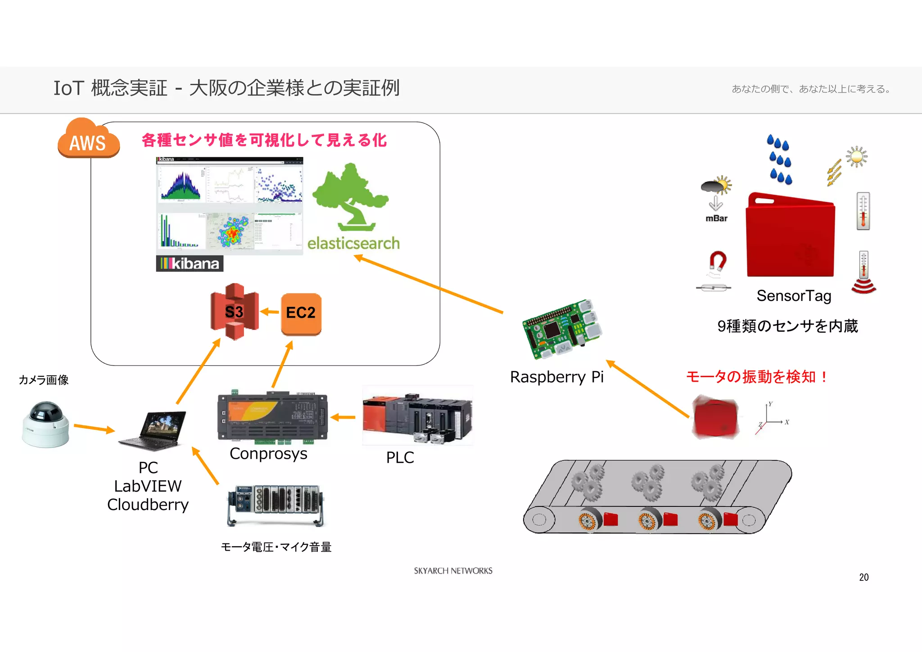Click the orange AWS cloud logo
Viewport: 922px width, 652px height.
click(88, 140)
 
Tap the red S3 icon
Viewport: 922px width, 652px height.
click(234, 311)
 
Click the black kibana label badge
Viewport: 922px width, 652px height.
click(190, 264)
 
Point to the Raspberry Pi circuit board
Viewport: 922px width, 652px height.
click(562, 329)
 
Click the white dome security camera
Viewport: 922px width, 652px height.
click(45, 424)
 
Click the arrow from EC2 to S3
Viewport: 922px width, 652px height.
click(270, 312)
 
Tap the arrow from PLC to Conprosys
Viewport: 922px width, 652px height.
click(343, 418)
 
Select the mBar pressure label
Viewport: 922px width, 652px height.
click(716, 219)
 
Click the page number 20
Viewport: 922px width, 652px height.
click(863, 577)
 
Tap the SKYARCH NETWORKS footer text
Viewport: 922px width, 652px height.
click(453, 571)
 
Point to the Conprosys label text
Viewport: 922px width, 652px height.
click(268, 454)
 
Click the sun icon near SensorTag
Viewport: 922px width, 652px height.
click(856, 157)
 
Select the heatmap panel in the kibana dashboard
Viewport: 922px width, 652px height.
click(231, 231)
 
